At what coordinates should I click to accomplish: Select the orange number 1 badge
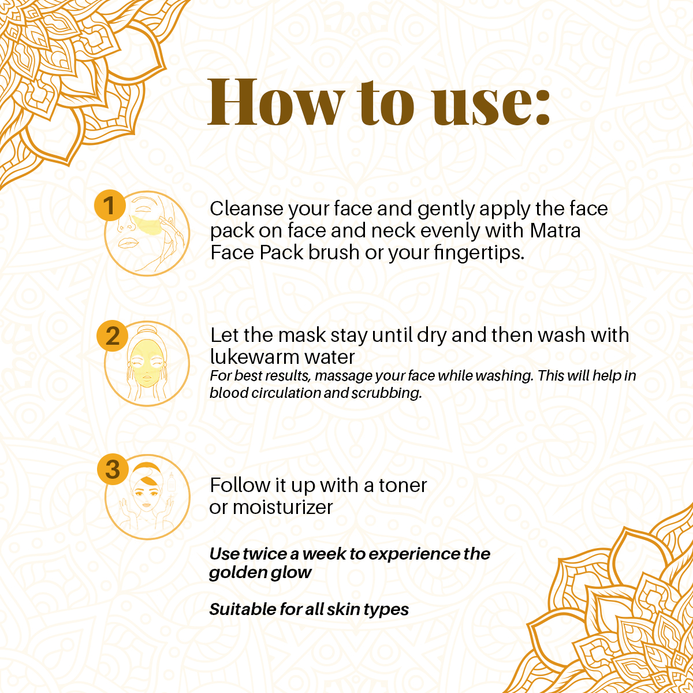109,206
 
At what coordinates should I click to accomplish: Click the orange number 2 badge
113,336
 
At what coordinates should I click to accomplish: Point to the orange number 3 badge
113,469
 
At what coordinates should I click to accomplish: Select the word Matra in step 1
555,230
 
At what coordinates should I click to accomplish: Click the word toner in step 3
403,486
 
